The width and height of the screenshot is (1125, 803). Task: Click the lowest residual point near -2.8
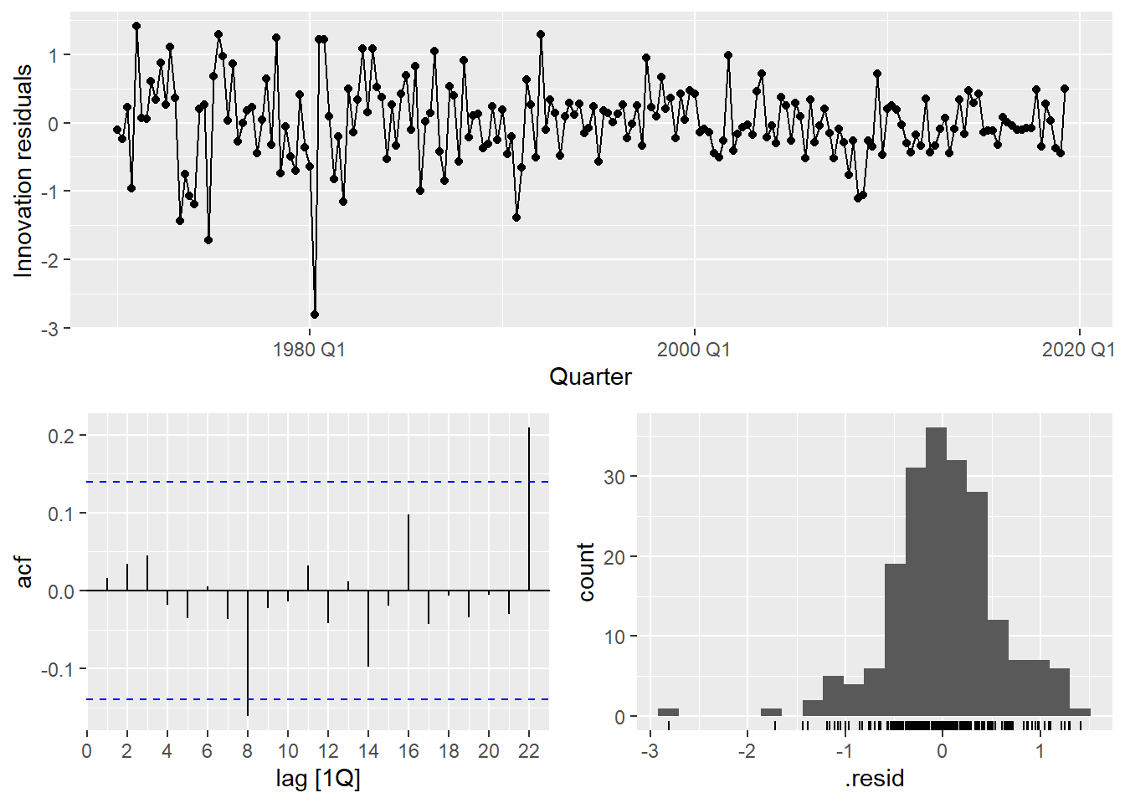pyautogui.click(x=315, y=315)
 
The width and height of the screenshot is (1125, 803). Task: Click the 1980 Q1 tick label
pyautogui.click(x=309, y=350)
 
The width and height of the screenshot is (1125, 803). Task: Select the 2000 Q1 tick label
pyautogui.click(x=693, y=350)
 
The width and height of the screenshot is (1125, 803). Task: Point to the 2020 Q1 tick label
pyautogui.click(x=1077, y=350)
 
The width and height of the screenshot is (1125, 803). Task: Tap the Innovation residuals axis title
pyautogui.click(x=23, y=171)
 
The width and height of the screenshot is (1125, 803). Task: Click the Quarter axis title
pyautogui.click(x=590, y=377)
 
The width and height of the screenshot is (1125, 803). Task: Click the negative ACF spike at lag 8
pyautogui.click(x=248, y=652)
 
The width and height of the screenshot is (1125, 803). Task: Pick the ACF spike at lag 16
pyautogui.click(x=408, y=552)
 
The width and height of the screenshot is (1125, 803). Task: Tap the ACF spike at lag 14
pyautogui.click(x=368, y=628)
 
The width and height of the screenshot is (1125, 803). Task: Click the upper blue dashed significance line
pyautogui.click(x=318, y=482)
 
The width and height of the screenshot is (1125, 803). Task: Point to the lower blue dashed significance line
pyautogui.click(x=318, y=699)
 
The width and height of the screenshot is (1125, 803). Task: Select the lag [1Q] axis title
pyautogui.click(x=318, y=779)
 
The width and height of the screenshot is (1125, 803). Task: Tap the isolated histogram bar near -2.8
pyautogui.click(x=668, y=713)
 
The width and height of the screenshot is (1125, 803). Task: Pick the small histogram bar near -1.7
pyautogui.click(x=771, y=713)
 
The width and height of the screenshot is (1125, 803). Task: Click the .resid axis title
pyautogui.click(x=875, y=779)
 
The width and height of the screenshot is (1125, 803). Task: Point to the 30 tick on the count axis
pyautogui.click(x=615, y=477)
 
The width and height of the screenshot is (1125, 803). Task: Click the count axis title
pyautogui.click(x=587, y=572)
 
